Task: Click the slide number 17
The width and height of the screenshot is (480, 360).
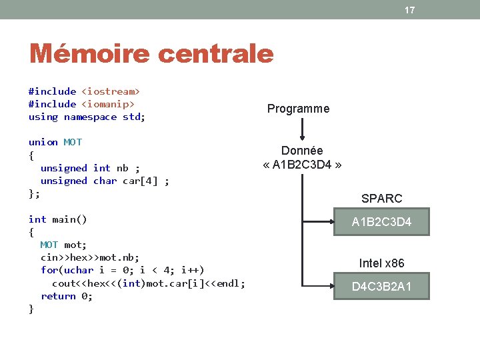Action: point(409,10)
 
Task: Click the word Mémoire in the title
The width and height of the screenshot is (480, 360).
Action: point(90,53)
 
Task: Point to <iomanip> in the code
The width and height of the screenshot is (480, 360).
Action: point(107,104)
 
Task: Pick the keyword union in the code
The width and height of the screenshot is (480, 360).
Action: point(43,142)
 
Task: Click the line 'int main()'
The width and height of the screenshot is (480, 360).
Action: point(58,219)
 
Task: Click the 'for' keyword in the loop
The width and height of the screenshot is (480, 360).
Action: point(49,270)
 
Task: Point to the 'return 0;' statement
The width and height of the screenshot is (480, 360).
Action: point(67,296)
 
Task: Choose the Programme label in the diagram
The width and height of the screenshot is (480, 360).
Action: point(298,109)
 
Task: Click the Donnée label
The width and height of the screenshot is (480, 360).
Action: point(301,151)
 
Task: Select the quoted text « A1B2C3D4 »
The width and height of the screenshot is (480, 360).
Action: point(301,164)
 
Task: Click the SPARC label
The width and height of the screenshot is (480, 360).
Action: point(381,198)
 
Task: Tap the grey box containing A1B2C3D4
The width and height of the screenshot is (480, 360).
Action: point(381,222)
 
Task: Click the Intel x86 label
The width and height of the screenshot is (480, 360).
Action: point(381,263)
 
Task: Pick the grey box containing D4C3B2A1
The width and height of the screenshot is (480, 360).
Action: point(381,287)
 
